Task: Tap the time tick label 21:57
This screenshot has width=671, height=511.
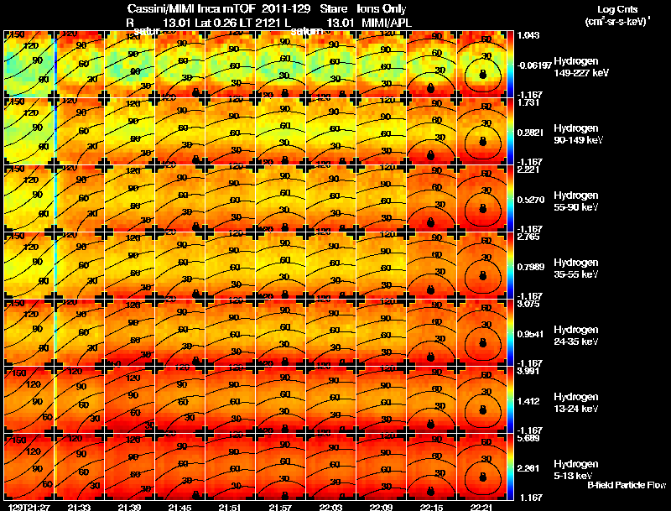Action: [280, 507]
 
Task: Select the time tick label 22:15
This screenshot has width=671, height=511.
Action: [431, 507]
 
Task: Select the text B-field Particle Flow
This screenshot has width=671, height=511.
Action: [626, 486]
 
